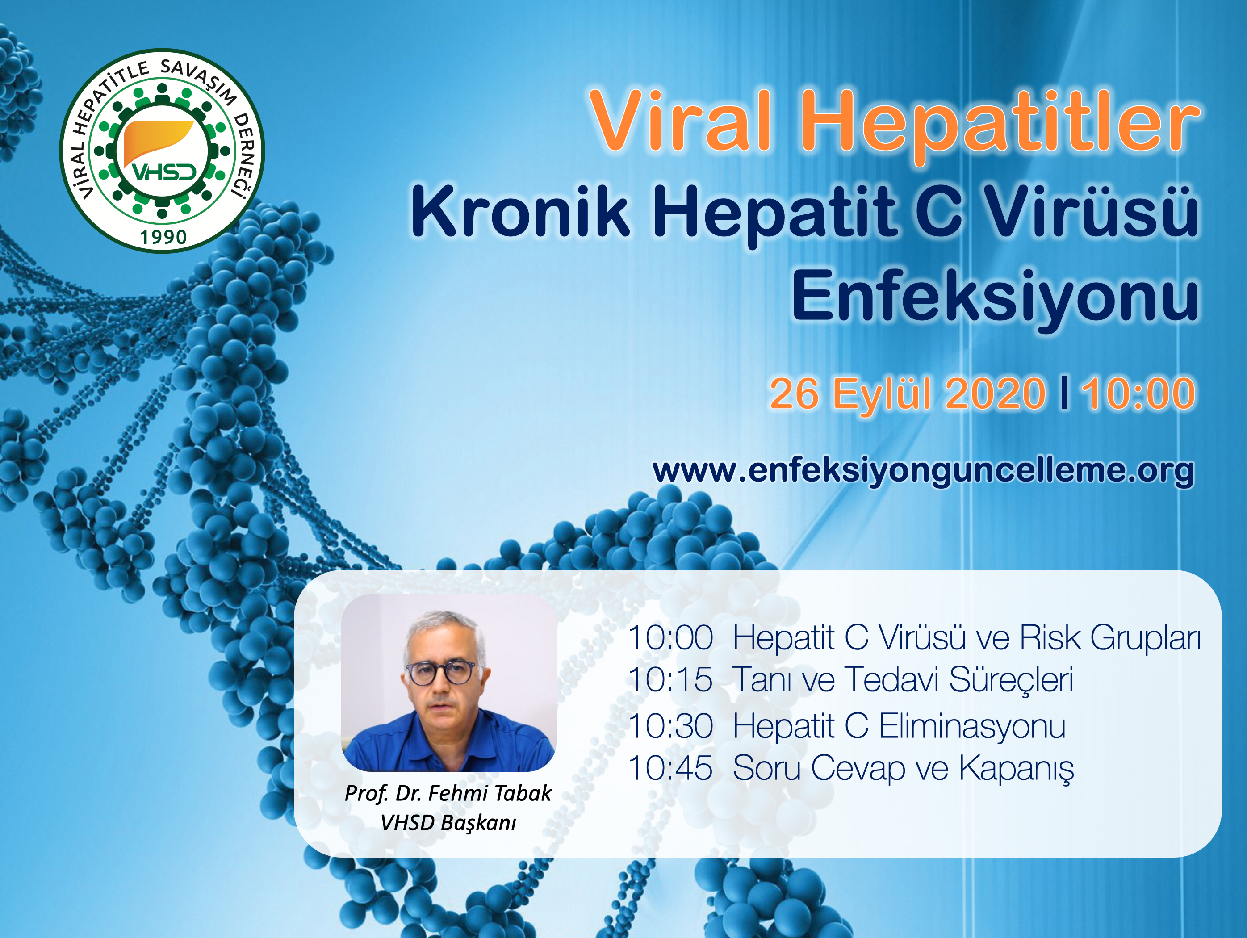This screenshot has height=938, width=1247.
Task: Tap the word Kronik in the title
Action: [520, 213]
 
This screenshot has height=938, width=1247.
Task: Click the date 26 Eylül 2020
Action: [908, 393]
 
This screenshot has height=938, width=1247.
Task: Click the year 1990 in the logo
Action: [163, 237]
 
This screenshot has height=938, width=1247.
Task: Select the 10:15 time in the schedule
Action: [670, 679]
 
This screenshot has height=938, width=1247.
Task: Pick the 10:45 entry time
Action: [670, 768]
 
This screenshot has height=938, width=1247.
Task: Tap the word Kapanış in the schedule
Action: [1017, 769]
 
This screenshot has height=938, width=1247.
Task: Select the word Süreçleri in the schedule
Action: [1011, 680]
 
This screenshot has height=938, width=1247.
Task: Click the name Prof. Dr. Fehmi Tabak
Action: [448, 794]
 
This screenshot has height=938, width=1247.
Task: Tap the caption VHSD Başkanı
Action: [448, 823]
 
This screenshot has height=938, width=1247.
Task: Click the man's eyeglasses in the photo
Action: [441, 673]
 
